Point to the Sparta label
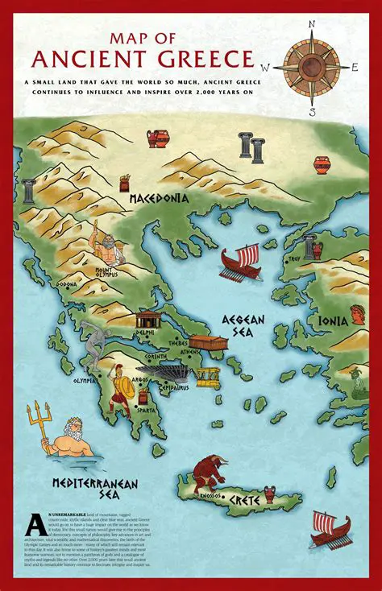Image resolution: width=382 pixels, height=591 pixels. tap(146, 408)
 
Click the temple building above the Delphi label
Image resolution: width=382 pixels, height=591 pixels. tap(148, 320)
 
